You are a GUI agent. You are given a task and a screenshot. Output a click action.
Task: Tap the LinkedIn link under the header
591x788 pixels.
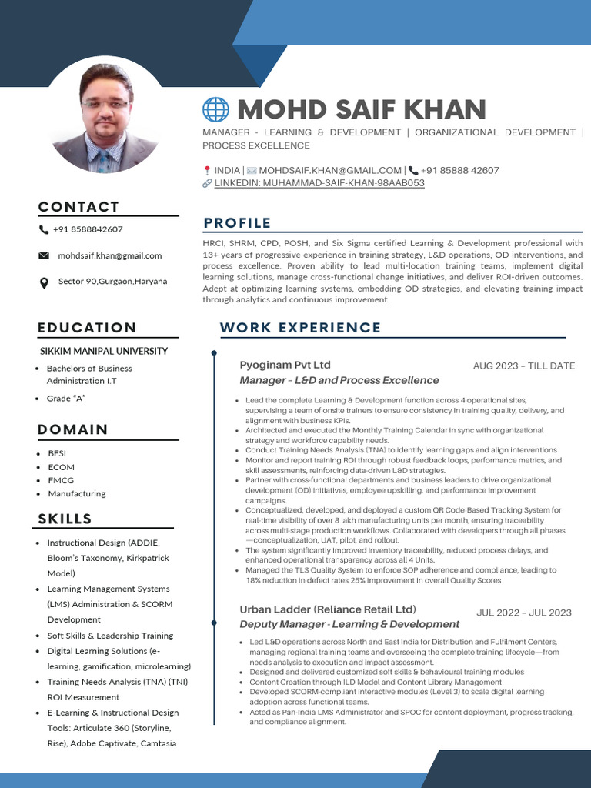[319, 183]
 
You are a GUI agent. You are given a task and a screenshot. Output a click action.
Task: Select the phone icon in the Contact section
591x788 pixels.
[44, 229]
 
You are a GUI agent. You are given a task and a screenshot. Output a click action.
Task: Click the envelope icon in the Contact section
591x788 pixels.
[44, 255]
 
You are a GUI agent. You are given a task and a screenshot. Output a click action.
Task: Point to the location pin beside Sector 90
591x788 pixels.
[44, 282]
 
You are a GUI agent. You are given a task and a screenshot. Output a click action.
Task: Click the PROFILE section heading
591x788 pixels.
[237, 223]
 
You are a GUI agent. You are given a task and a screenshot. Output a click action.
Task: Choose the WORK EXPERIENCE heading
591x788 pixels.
[300, 328]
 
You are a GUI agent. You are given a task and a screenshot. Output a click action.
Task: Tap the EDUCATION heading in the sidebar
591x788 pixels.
[87, 328]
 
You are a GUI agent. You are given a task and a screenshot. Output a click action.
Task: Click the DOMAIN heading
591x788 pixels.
[72, 429]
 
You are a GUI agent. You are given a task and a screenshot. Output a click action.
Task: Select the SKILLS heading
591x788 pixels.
[65, 519]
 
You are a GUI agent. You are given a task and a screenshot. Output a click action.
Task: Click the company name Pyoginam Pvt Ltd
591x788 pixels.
[285, 365]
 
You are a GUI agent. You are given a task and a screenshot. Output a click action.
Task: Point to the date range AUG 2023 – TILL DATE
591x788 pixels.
[523, 366]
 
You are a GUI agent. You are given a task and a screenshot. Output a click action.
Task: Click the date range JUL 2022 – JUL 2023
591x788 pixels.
[523, 613]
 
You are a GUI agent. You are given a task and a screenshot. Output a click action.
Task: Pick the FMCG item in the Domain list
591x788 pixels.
[61, 480]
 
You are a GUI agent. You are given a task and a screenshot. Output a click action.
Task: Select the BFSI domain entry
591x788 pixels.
[57, 453]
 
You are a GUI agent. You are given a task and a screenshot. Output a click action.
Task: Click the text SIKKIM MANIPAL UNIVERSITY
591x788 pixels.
[104, 351]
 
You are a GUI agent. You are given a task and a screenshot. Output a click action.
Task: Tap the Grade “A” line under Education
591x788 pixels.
[66, 398]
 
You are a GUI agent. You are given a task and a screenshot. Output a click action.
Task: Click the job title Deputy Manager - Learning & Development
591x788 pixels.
[349, 624]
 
